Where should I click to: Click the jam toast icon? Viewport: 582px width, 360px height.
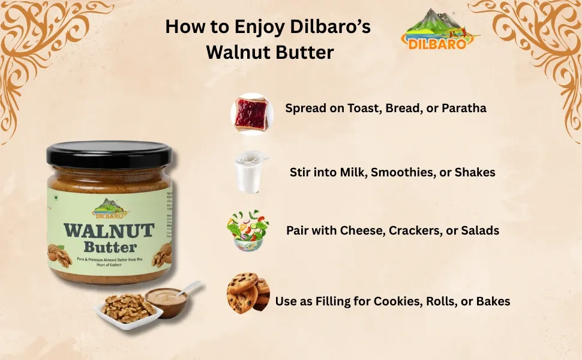point(252,112)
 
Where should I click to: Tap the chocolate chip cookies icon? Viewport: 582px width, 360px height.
point(248,293)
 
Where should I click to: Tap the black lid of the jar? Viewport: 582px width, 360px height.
point(109,154)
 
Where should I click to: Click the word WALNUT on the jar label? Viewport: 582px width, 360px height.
point(109,231)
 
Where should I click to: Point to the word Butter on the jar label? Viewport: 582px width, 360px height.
point(110,247)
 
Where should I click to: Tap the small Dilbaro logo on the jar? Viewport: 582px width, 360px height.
point(110,208)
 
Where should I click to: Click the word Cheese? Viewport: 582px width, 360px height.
point(361,230)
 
